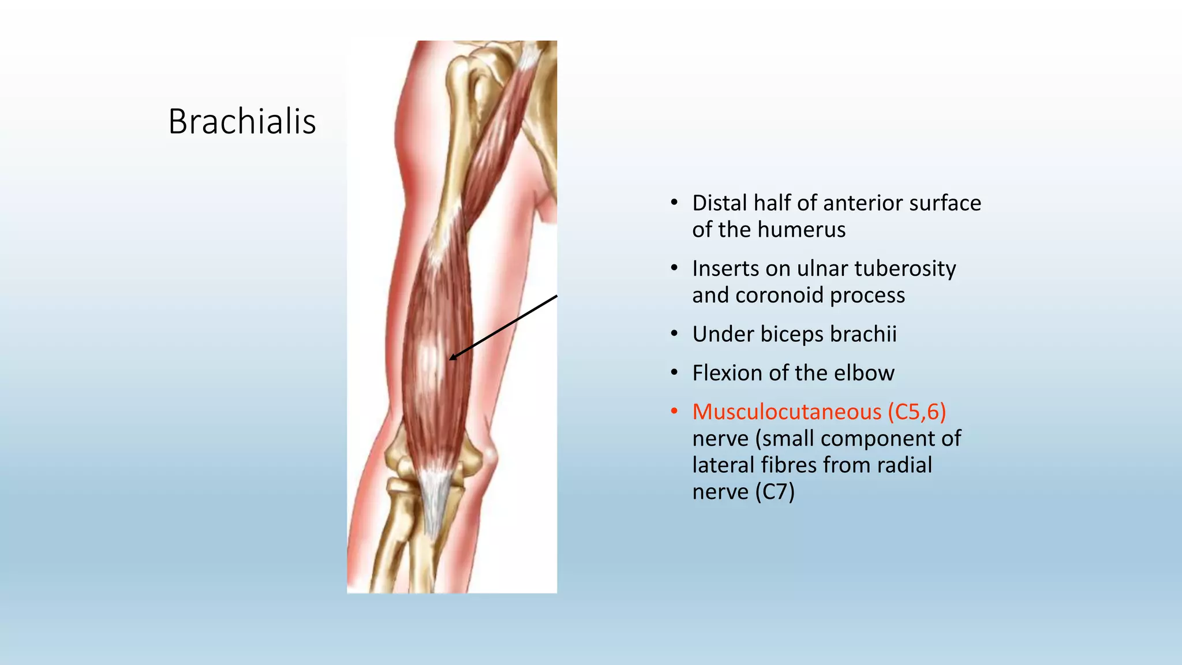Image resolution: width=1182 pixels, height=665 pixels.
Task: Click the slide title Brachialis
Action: (242, 122)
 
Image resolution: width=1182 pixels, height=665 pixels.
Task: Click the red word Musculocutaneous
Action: (787, 412)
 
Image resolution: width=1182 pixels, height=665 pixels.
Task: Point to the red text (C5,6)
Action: (917, 412)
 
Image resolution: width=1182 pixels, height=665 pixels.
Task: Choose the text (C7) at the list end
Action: (775, 492)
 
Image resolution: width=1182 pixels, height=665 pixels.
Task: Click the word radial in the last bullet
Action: (904, 465)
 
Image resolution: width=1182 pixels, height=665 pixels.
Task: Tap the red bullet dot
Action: (674, 412)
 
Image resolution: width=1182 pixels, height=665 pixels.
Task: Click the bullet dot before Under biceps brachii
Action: (674, 334)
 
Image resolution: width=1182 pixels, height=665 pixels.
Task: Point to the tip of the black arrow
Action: (451, 360)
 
